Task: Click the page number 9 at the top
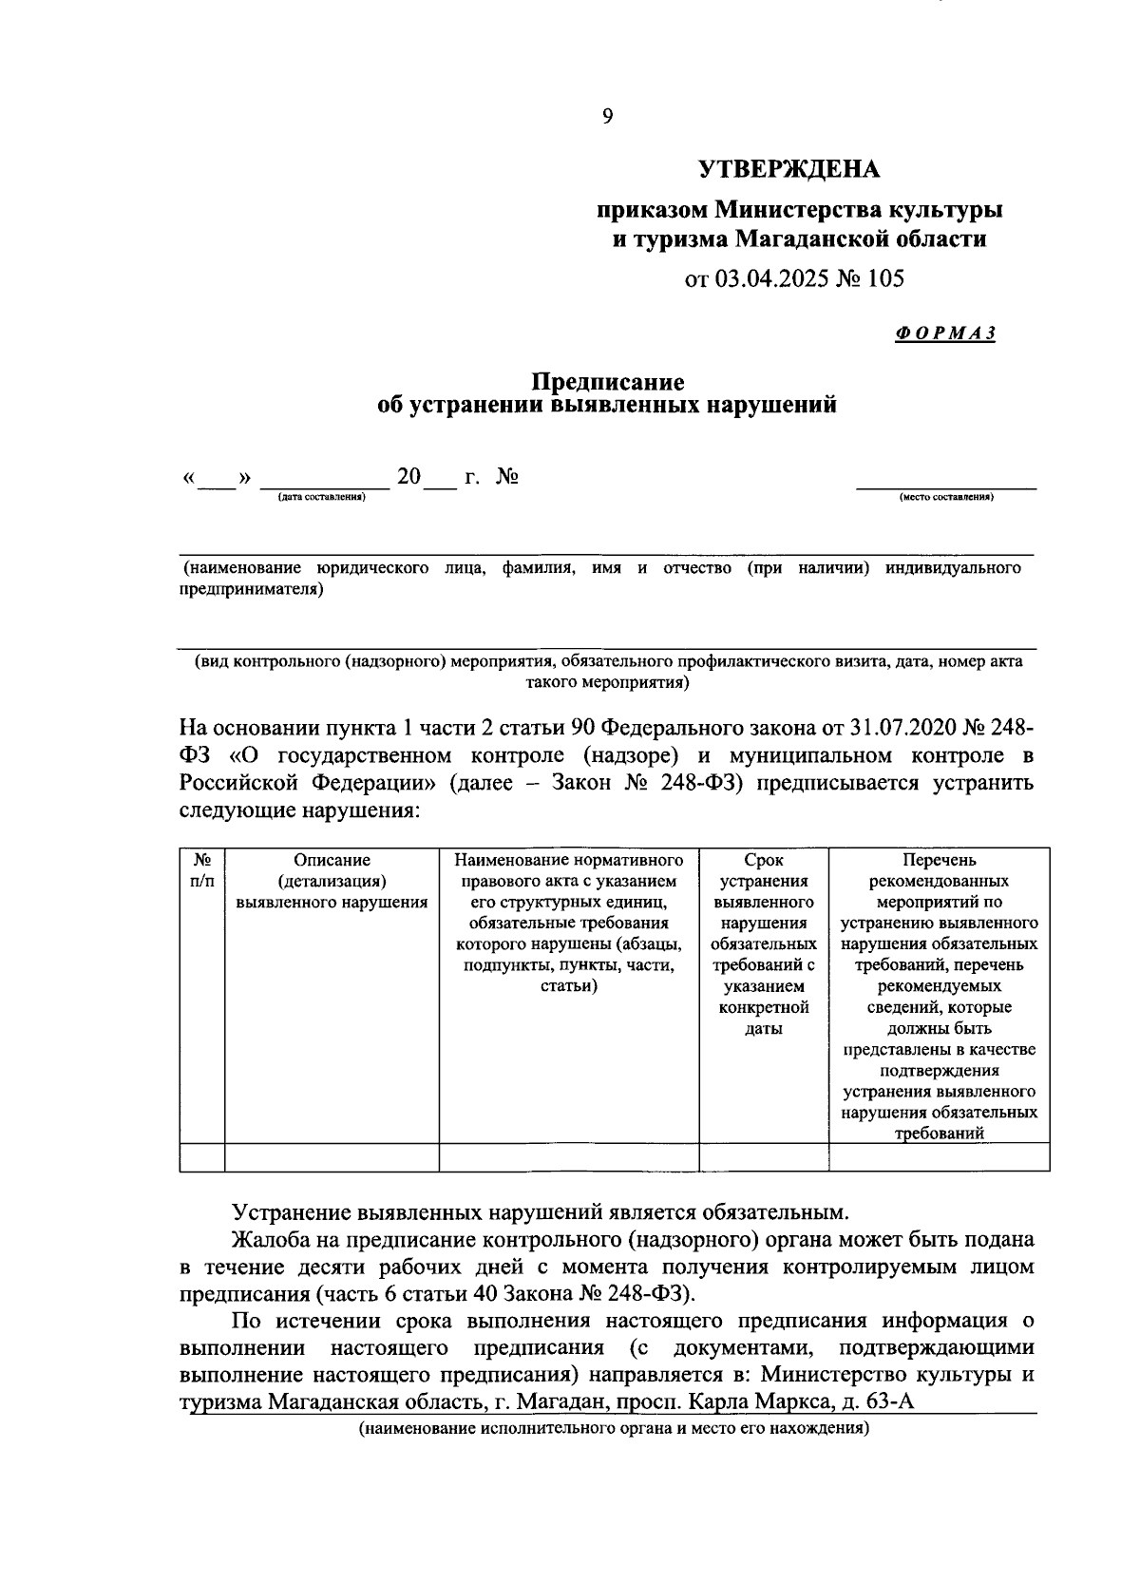607,116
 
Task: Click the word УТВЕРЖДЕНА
789,169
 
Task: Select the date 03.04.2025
769,278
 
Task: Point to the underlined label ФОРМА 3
944,334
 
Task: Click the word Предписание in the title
607,382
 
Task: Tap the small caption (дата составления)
321,497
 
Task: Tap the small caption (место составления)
946,497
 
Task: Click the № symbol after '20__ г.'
507,476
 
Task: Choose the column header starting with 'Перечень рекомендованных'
939,996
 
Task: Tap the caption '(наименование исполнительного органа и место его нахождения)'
614,1427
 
